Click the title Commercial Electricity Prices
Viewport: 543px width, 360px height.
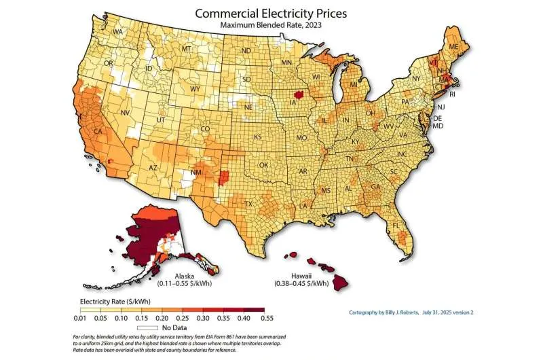(x=271, y=12)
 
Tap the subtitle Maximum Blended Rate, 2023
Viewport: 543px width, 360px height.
(x=271, y=24)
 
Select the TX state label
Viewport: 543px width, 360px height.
(x=248, y=203)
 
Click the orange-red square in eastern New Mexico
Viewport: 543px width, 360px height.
(x=225, y=178)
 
